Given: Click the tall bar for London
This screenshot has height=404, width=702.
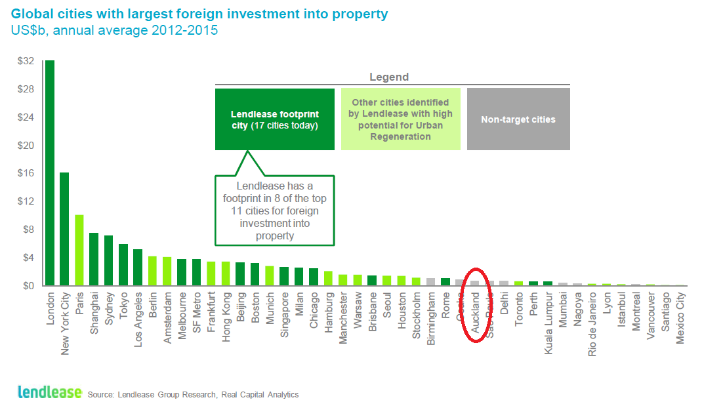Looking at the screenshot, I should coord(50,173).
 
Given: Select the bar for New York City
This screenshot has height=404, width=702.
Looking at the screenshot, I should coord(64,229).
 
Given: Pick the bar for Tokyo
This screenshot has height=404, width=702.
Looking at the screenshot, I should coord(123,265).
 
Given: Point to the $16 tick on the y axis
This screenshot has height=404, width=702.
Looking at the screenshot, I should coord(26,174).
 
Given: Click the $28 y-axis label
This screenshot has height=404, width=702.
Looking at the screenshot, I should coord(26,89).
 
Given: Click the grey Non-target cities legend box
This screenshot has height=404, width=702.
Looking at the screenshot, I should coord(518,119).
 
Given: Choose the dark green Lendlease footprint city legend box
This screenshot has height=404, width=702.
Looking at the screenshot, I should coord(274,119).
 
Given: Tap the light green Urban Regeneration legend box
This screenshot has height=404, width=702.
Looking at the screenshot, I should coord(400,119).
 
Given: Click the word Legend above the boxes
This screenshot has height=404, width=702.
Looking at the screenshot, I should coord(389,77).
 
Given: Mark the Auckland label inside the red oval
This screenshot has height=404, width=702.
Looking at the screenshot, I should coord(476,311).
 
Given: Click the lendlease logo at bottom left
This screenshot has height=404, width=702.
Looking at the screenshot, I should coord(49,392).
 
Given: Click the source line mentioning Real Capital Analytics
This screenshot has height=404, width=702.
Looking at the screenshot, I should coord(193,394).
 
